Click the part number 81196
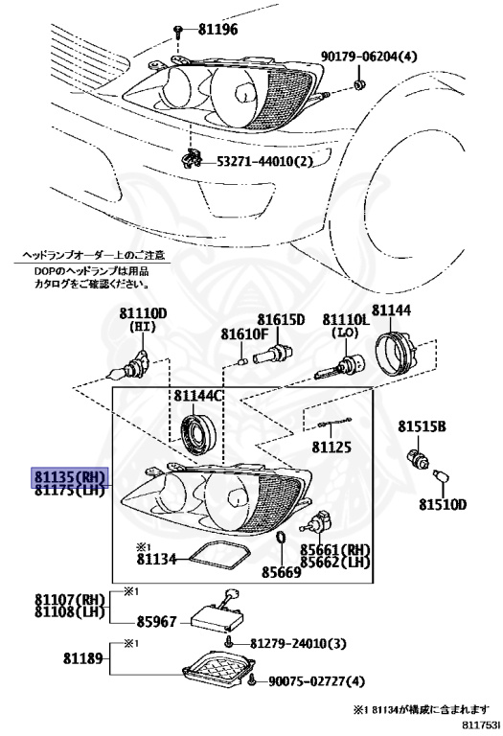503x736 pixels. point(217,30)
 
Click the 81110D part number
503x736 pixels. point(143,313)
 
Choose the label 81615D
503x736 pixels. point(280,319)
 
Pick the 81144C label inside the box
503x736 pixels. point(198,395)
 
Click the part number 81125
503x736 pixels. point(332,447)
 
